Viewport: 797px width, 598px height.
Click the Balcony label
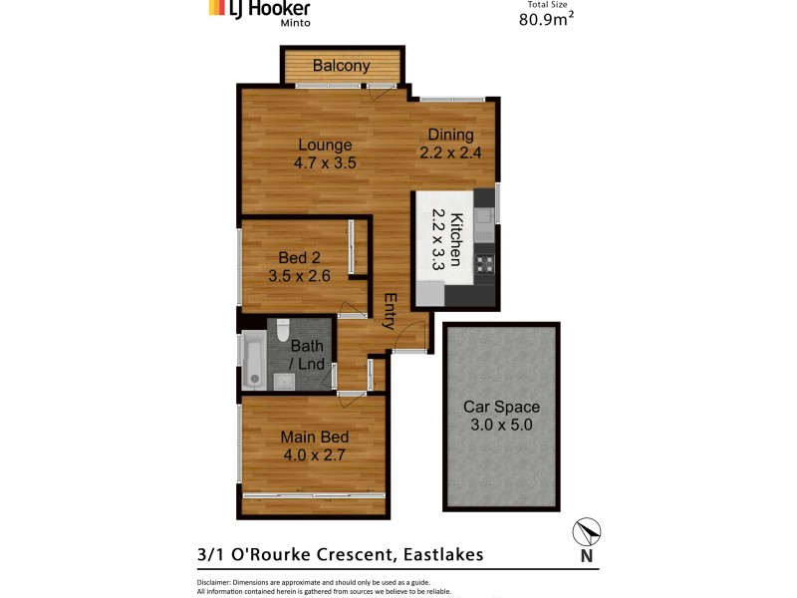(x=342, y=67)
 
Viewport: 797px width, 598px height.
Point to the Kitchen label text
(x=455, y=240)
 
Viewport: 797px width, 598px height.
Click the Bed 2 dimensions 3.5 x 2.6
(x=299, y=277)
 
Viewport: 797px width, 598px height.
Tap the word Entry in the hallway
(x=391, y=311)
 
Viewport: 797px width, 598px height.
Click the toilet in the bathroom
(x=282, y=329)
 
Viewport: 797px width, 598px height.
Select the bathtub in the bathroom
(x=253, y=360)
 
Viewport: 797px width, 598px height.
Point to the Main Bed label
(x=313, y=437)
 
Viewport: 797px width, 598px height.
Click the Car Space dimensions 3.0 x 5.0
(x=500, y=426)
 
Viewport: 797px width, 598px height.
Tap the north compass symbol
(x=588, y=533)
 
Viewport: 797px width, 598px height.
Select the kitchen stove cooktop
(x=485, y=264)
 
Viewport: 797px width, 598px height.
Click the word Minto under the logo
(x=291, y=21)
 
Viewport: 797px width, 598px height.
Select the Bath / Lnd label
(x=307, y=355)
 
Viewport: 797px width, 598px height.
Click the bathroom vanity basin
(x=282, y=379)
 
